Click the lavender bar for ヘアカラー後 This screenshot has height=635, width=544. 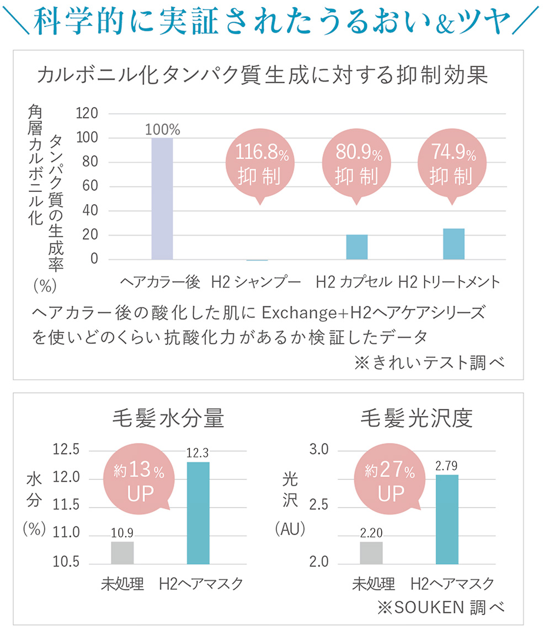coord(162,199)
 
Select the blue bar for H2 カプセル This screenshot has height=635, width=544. coord(356,247)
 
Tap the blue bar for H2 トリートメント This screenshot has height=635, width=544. coord(454,244)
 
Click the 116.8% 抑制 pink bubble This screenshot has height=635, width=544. coord(259,164)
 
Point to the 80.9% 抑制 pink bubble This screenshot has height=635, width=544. coord(356,164)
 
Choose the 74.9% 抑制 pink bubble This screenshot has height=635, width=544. coord(451,164)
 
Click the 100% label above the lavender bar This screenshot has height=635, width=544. coord(162,130)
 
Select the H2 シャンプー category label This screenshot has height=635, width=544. coord(256,282)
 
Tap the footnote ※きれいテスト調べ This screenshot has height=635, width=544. coord(429,362)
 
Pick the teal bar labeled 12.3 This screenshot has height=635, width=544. coord(198,513)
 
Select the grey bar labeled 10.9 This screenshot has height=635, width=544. coord(122,552)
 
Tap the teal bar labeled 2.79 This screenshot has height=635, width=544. coord(447,519)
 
